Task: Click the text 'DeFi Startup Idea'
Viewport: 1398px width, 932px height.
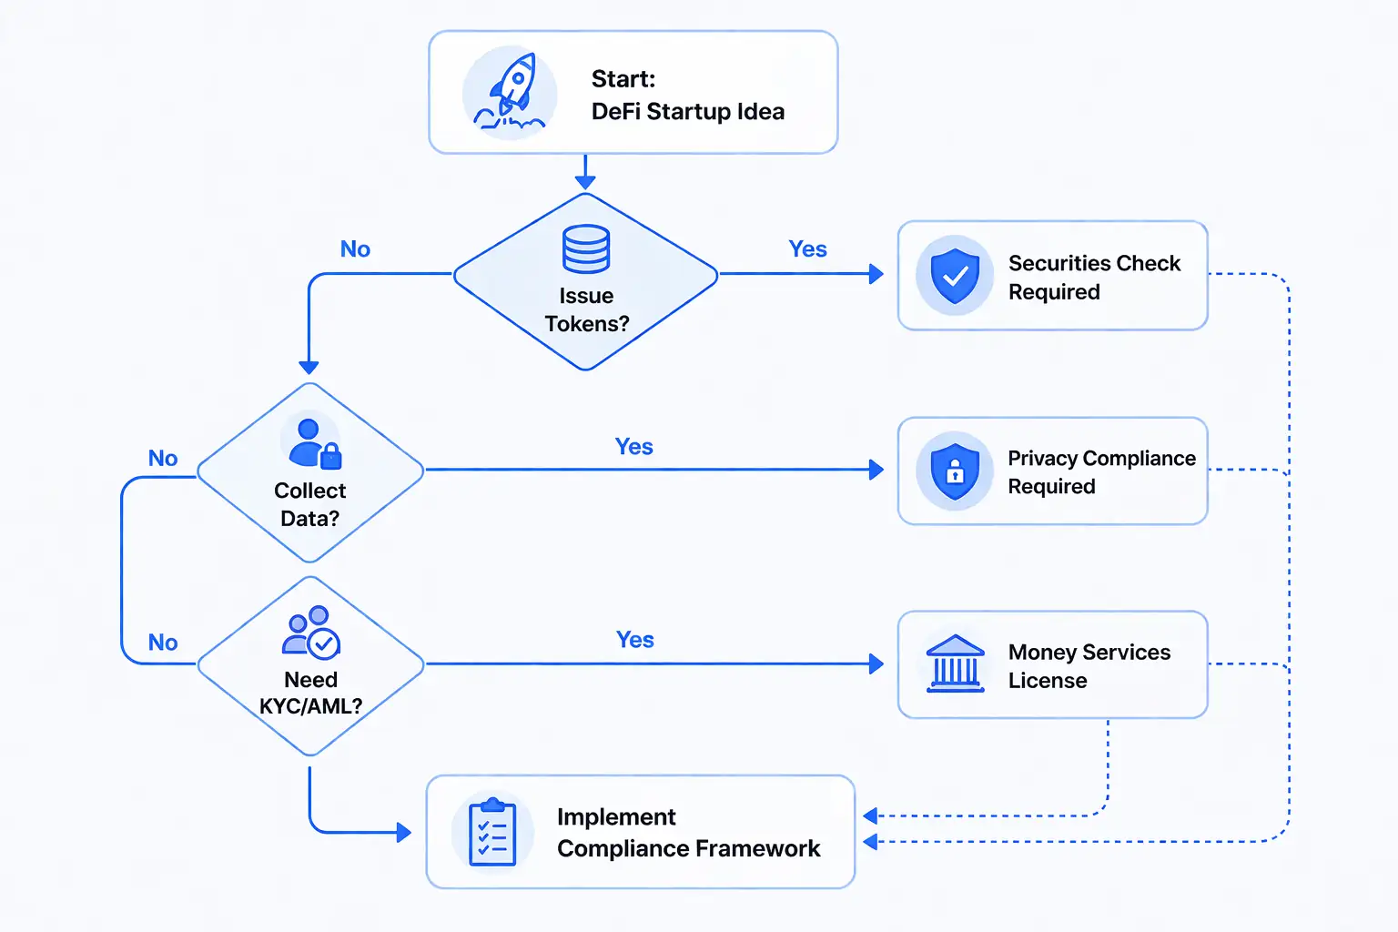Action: click(x=687, y=112)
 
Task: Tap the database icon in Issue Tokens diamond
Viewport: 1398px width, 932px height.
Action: click(x=586, y=249)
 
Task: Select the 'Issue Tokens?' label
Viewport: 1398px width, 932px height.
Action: click(x=586, y=309)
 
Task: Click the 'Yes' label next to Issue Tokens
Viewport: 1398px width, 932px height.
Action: click(x=807, y=249)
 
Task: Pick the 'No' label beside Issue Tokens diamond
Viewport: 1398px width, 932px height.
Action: click(x=355, y=249)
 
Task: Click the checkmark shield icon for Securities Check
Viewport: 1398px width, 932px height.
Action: click(x=955, y=275)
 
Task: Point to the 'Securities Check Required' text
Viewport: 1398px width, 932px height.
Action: click(x=1093, y=278)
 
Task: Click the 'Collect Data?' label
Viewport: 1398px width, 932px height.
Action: click(x=310, y=504)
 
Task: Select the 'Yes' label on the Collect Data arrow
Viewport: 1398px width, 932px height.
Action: click(x=633, y=447)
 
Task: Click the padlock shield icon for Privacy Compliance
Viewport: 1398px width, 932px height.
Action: click(x=955, y=471)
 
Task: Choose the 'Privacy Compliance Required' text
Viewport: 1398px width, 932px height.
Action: click(x=1100, y=472)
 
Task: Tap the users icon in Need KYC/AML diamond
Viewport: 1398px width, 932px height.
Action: click(x=311, y=632)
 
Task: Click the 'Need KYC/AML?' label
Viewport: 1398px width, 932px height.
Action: click(x=310, y=693)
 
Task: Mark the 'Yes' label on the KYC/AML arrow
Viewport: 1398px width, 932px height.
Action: click(x=634, y=640)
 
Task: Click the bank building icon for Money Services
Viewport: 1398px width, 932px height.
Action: click(x=955, y=664)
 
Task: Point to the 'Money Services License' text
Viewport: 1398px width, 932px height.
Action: click(x=1089, y=666)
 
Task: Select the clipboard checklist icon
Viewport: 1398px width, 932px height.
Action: click(x=492, y=832)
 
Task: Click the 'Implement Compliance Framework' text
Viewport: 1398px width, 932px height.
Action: click(x=688, y=833)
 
